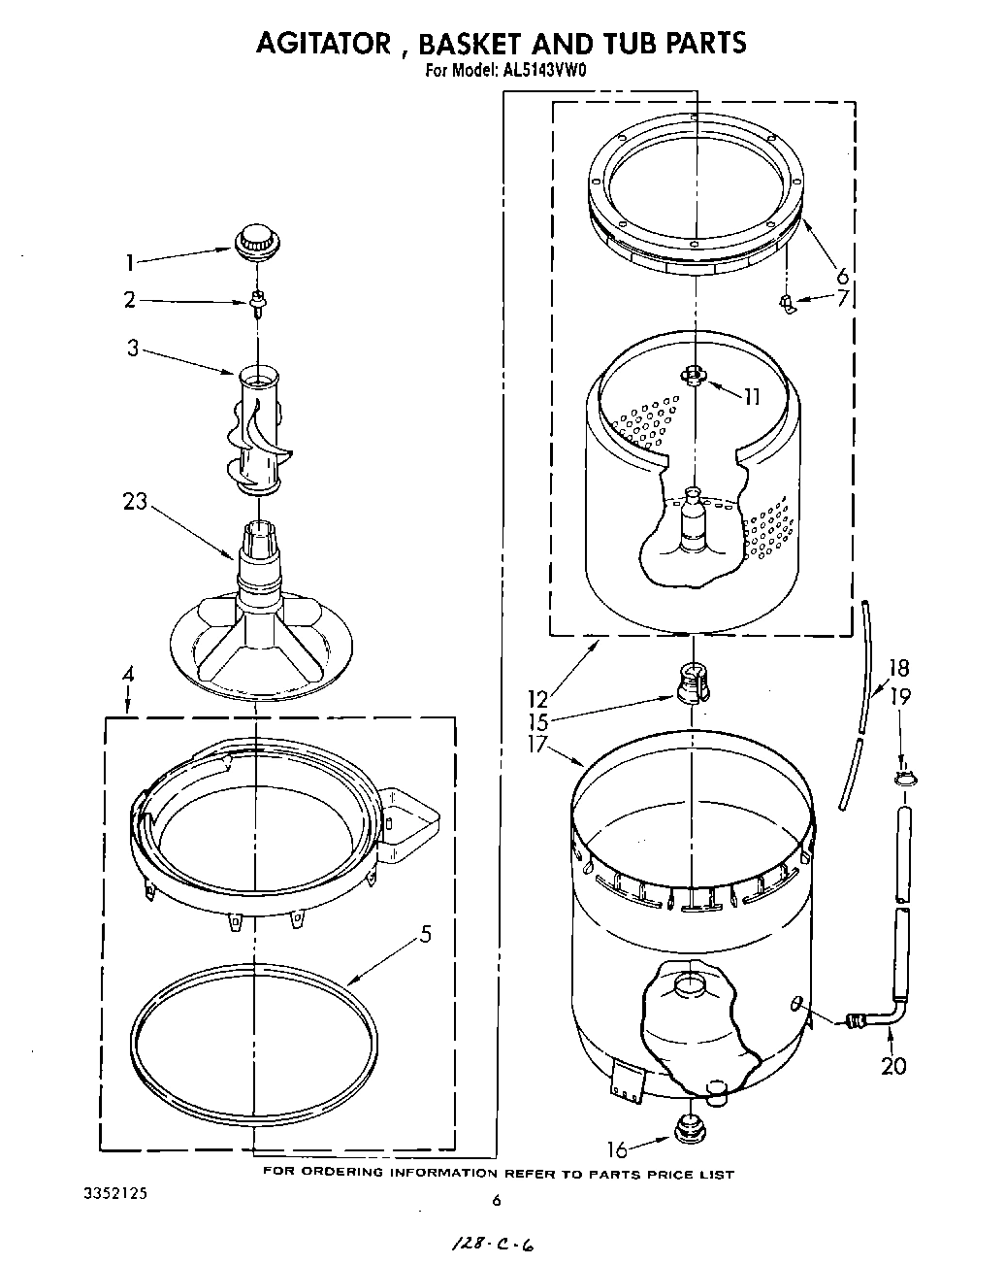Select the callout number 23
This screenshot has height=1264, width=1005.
135,502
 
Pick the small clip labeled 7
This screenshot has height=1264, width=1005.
788,306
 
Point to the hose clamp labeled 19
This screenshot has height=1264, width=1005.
902,778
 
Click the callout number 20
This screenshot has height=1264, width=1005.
892,1066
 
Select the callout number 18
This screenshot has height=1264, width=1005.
898,668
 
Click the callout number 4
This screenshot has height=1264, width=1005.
128,676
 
